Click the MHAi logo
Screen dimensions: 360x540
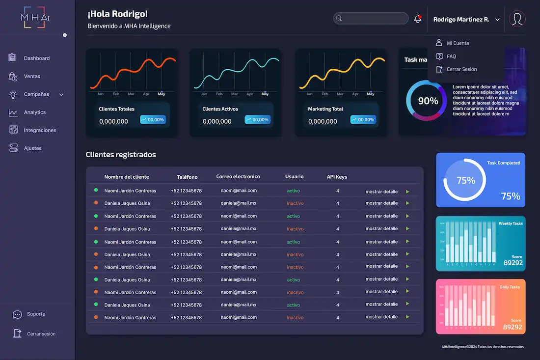pos(35,18)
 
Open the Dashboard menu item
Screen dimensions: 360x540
pos(36,58)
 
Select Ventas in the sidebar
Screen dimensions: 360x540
pos(32,77)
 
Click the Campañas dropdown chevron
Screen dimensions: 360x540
pos(61,94)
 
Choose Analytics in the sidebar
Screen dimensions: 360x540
pos(34,112)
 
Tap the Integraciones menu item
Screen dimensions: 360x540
pos(40,131)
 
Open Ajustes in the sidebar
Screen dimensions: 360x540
pos(32,148)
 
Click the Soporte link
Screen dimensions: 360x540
pos(36,314)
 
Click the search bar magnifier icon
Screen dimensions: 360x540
pos(338,19)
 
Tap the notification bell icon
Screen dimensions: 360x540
pos(418,19)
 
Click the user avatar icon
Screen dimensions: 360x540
pos(517,19)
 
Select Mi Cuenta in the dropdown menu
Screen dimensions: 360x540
pos(458,43)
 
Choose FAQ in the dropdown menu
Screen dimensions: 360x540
pos(451,56)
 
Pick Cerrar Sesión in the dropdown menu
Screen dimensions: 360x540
pos(461,69)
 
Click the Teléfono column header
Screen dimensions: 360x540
pos(187,177)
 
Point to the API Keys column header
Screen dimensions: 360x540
pos(337,177)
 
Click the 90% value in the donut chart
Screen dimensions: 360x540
pos(428,101)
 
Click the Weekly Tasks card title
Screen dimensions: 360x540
pos(511,223)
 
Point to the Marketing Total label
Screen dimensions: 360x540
pos(325,109)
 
